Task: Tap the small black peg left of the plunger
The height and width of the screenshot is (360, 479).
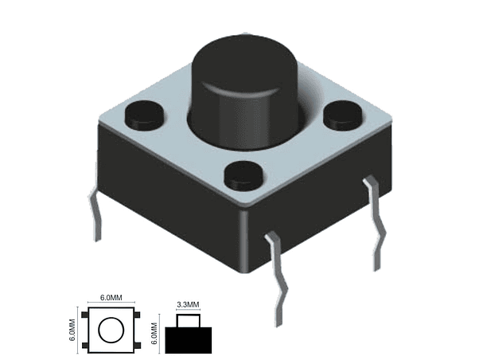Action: pyautogui.click(x=143, y=115)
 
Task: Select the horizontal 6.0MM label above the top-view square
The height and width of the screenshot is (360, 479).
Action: pyautogui.click(x=111, y=298)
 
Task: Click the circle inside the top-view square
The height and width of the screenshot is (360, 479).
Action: pyautogui.click(x=111, y=330)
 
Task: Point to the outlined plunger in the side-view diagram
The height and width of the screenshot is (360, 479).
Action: pyautogui.click(x=188, y=320)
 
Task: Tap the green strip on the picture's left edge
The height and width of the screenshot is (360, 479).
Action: pyautogui.click(x=29, y=180)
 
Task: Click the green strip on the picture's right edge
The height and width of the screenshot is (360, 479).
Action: pyautogui.click(x=449, y=180)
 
